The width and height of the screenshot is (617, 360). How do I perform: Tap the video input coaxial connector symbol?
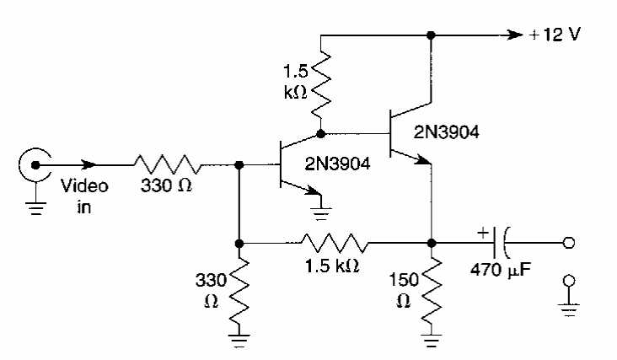[35, 164]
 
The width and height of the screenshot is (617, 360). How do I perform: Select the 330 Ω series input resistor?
[166, 164]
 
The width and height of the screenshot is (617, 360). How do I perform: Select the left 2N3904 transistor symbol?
[290, 165]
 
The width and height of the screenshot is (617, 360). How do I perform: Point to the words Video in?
[85, 195]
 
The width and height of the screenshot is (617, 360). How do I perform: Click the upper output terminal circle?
[571, 243]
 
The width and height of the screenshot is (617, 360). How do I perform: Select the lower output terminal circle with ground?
[571, 282]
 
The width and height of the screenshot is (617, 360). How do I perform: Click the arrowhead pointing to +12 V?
[513, 36]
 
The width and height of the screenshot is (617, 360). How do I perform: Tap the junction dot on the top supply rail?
[432, 36]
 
